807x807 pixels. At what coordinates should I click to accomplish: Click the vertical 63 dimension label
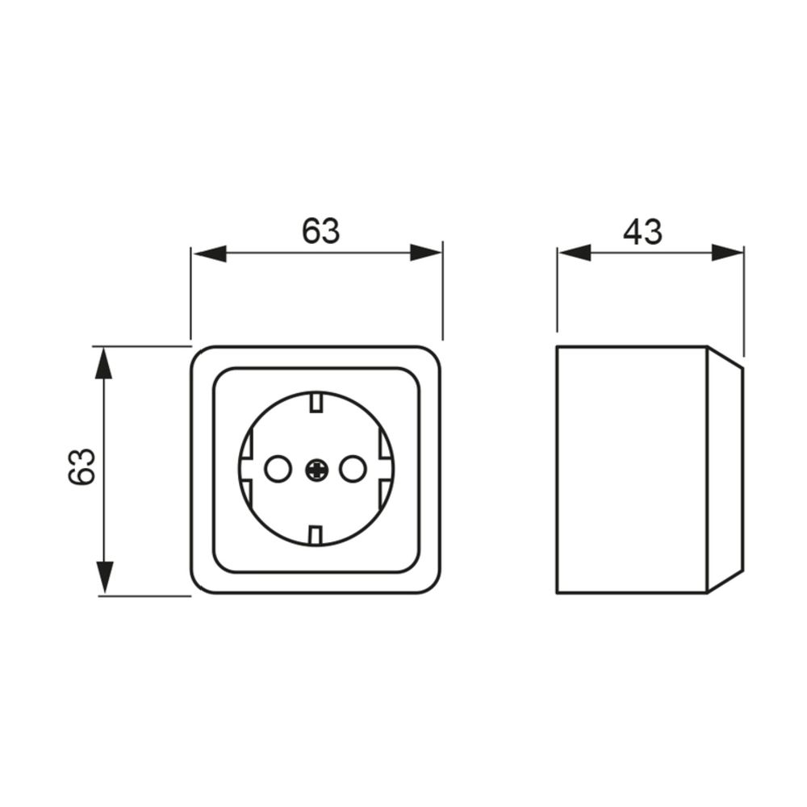click(x=82, y=466)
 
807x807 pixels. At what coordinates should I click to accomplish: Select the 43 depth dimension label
click(x=643, y=232)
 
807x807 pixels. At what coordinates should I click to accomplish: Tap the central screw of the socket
click(x=316, y=469)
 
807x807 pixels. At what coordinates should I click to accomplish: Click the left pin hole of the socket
click(x=278, y=469)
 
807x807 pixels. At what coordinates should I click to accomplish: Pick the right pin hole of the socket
click(x=353, y=469)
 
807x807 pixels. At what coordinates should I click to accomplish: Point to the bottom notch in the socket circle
click(x=316, y=535)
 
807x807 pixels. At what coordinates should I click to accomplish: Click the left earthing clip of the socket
click(x=246, y=469)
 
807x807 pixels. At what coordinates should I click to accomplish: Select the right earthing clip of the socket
click(x=386, y=469)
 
